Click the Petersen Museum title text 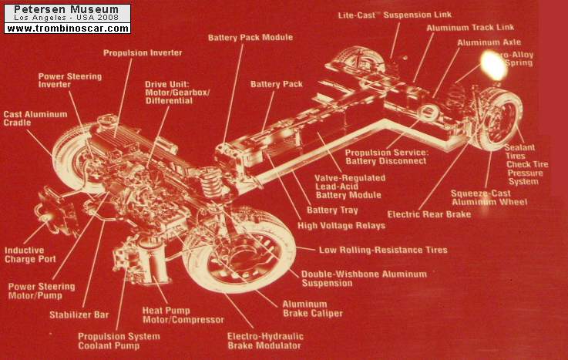(67, 9)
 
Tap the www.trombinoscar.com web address (67, 29)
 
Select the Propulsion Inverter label (143, 52)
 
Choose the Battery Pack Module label (245, 37)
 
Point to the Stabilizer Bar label (72, 315)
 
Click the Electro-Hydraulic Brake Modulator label (265, 341)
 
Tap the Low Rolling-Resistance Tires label (383, 250)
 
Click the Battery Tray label (332, 210)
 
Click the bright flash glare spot (492, 65)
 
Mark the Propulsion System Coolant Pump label (119, 341)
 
